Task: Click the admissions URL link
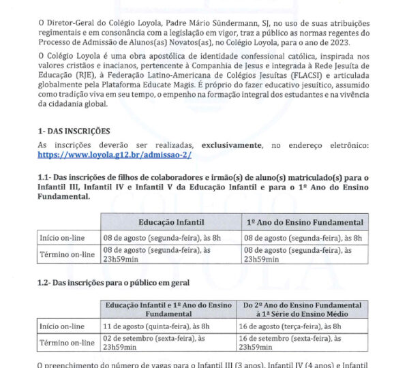[115, 155]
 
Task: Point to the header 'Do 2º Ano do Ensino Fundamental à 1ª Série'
[303, 309]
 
